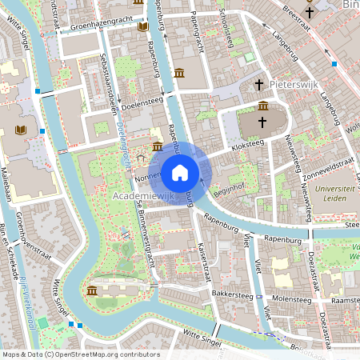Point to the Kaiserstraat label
click(204, 255)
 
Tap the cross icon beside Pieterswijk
click(258, 84)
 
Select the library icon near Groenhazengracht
click(143, 27)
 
